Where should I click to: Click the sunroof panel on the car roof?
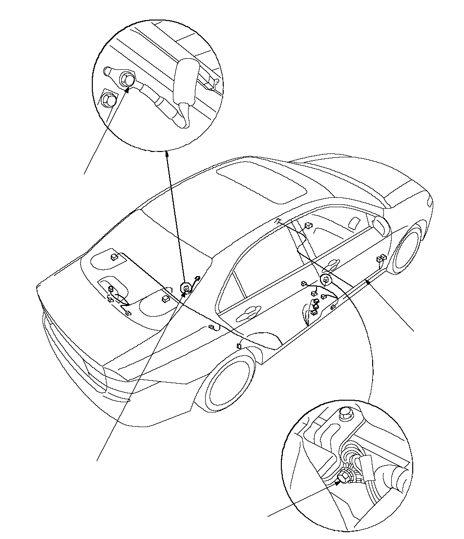click(261, 182)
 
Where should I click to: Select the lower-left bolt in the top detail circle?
click(109, 101)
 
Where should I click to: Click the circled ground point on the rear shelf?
click(186, 289)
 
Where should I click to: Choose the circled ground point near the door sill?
click(324, 280)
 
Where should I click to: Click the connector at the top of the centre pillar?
click(308, 226)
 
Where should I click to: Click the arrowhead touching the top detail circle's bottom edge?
click(167, 153)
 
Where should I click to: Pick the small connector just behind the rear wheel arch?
click(239, 346)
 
